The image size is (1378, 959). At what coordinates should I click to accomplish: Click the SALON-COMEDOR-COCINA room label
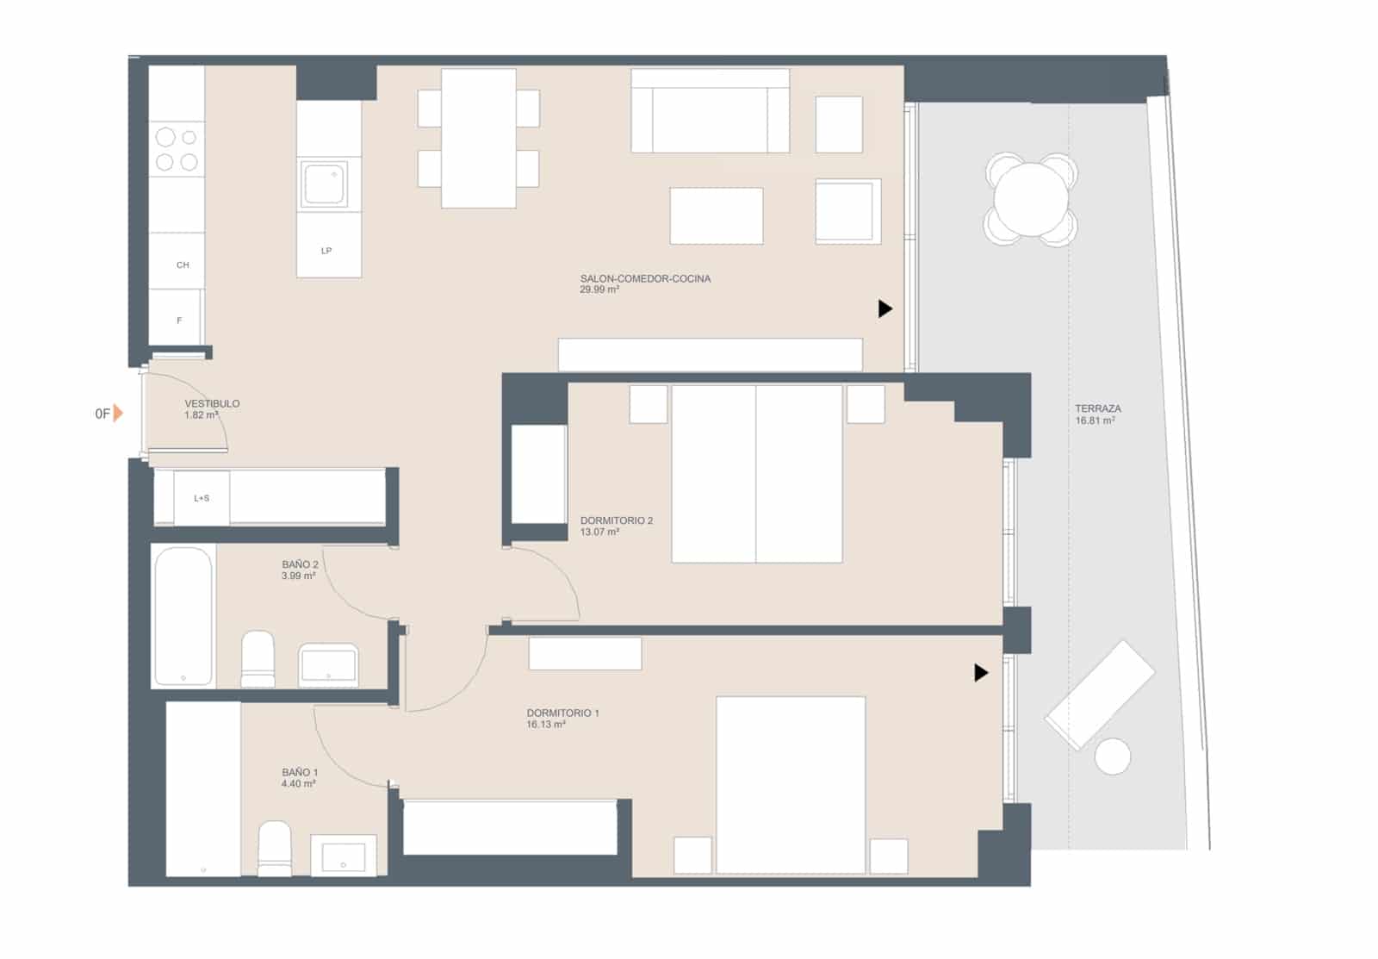point(645,279)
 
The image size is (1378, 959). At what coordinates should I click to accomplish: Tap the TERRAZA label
point(1097,409)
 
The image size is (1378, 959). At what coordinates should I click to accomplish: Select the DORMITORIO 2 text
point(616,520)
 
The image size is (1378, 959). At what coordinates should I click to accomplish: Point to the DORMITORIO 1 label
point(562,713)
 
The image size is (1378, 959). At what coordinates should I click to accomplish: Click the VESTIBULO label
point(212,403)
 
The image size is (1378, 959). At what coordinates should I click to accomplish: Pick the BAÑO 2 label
point(300,564)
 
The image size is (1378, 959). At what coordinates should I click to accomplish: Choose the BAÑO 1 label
point(299,772)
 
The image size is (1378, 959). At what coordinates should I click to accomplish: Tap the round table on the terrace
point(1031,199)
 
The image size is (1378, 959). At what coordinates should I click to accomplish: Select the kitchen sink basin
point(324,184)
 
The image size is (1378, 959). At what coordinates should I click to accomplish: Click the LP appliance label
point(326,251)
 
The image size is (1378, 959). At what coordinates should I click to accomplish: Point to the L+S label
point(202,498)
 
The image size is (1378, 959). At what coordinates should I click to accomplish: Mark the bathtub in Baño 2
point(183,615)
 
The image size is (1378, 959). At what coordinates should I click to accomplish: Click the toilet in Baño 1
point(276,849)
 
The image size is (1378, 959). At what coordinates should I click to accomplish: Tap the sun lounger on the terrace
point(1100,694)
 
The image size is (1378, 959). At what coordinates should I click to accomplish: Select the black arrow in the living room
point(885,308)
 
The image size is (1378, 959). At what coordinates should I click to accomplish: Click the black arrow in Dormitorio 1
point(980,672)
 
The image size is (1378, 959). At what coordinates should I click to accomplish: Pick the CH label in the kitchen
point(183,265)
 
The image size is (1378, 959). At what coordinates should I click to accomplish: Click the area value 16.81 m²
point(1096,421)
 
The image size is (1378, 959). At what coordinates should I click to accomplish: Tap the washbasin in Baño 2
point(328,665)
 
